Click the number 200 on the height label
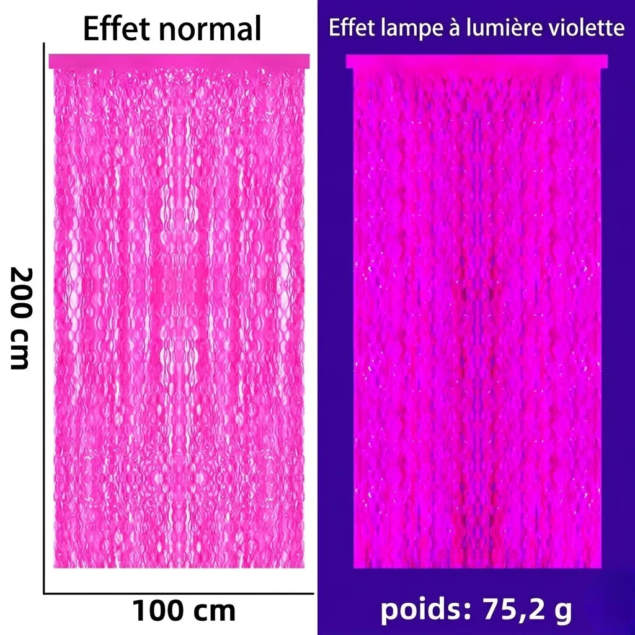pos(20,291)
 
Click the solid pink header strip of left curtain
pos(179,61)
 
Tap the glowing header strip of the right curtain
pos(477,61)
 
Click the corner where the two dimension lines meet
pos(44,593)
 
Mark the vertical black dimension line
pos(44,318)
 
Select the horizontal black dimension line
pos(179,593)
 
